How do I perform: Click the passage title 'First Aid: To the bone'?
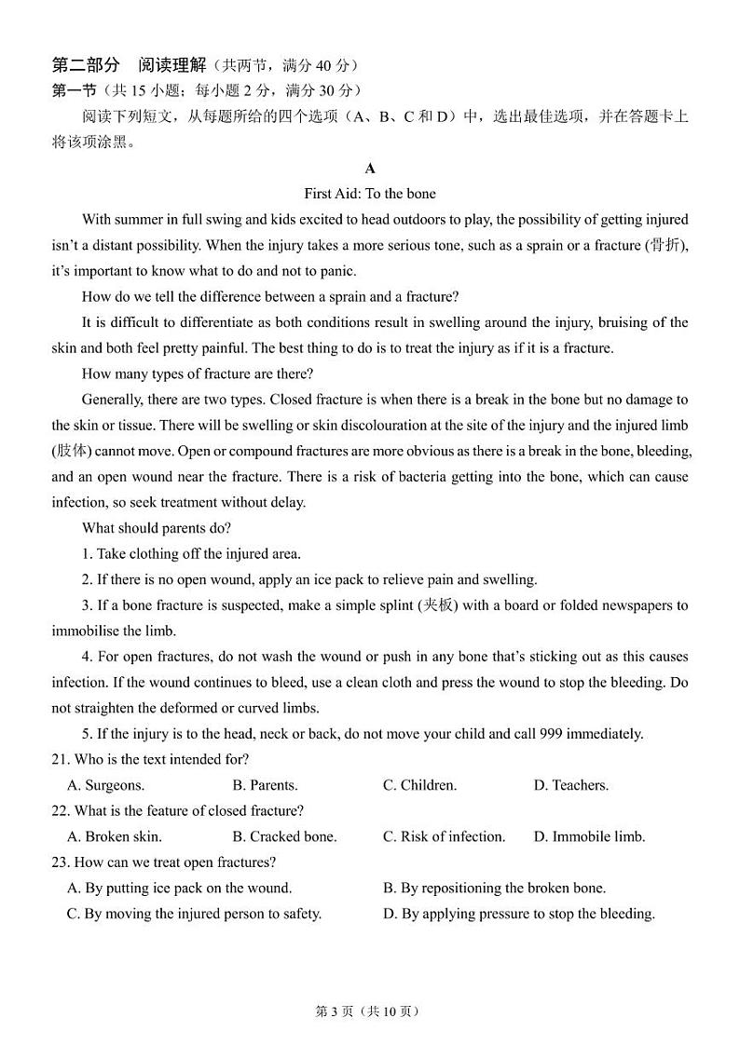pos(370,194)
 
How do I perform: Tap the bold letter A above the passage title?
pos(370,169)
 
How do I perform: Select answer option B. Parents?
pos(265,785)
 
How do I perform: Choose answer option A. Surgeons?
pos(105,785)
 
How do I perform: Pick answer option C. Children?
pos(419,785)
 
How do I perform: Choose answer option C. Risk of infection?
pos(444,836)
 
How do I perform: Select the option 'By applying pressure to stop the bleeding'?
pos(519,914)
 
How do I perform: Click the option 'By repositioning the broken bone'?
pos(494,888)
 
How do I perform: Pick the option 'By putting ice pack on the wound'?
pos(179,888)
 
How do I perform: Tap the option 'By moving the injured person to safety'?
pos(194,914)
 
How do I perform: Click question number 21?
pos(61,759)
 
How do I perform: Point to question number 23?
pos(61,862)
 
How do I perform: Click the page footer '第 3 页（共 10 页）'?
pos(370,1011)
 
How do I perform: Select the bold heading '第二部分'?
pos(86,65)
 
